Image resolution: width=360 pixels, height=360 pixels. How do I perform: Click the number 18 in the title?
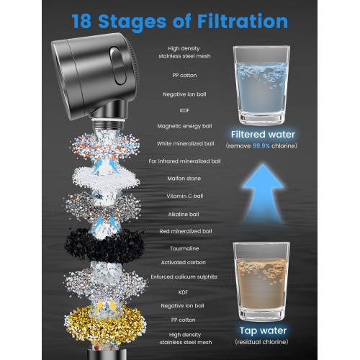click(81, 21)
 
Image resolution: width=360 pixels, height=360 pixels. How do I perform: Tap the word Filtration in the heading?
click(243, 21)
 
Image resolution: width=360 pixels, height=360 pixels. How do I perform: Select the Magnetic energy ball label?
click(184, 126)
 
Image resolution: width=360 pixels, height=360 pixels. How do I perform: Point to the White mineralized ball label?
click(185, 143)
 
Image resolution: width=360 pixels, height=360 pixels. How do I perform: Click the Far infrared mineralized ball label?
click(184, 161)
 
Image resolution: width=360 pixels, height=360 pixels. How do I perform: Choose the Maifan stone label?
click(184, 179)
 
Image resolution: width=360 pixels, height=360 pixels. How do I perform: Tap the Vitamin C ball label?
click(185, 196)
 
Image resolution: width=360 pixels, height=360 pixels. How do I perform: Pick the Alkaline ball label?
click(184, 214)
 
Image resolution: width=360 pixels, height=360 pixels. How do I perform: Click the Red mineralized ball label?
click(186, 231)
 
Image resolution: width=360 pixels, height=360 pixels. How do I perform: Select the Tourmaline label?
click(184, 248)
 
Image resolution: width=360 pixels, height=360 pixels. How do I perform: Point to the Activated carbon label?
click(184, 262)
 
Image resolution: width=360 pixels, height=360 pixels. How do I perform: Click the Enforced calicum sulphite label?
click(184, 276)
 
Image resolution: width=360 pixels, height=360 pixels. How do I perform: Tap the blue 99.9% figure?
click(261, 145)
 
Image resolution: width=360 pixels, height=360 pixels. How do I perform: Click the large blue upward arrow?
click(263, 192)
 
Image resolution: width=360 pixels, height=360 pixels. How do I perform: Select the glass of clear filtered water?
click(261, 85)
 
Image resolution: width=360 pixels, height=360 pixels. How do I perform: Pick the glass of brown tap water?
click(261, 282)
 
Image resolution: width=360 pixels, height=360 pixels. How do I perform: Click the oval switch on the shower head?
click(117, 66)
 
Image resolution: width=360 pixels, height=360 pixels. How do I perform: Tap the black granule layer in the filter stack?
click(104, 245)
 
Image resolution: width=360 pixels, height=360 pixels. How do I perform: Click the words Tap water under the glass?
click(263, 330)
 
